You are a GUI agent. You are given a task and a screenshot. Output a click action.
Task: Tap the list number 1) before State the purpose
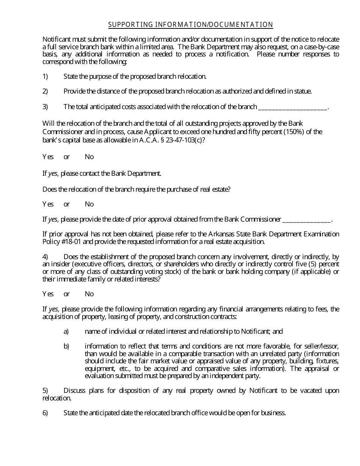pos(45,77)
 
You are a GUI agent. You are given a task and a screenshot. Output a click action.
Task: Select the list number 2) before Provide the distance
pos(45,91)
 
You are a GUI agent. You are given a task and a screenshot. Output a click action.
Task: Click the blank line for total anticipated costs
pos(292,107)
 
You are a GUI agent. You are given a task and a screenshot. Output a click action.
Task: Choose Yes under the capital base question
pos(48,157)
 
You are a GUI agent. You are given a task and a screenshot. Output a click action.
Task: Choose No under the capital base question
pos(89,157)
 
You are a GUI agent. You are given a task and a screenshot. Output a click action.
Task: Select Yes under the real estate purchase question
pos(48,204)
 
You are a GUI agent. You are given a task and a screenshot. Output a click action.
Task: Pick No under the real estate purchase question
pos(89,204)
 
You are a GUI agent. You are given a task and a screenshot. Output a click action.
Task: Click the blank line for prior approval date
pos(307,219)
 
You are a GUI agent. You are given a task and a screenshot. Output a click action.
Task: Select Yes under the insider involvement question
pos(48,294)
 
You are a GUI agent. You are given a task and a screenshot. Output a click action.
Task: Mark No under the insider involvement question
pos(89,294)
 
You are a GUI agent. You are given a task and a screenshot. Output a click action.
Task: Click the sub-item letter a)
pos(66,332)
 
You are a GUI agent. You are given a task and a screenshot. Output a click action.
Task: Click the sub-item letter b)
pos(66,346)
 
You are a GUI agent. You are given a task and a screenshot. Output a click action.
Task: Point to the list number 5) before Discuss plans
pos(45,391)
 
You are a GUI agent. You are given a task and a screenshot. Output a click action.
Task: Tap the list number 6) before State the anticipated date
pos(45,413)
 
